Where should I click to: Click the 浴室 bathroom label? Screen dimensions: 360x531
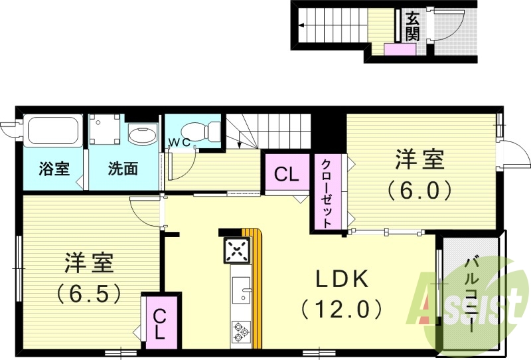54,169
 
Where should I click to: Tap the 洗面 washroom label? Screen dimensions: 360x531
123,169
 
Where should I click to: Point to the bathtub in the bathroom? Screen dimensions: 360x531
53,132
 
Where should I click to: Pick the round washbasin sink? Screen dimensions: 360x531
140,137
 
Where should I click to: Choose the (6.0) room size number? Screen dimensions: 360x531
419,191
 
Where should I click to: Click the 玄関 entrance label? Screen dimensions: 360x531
412,27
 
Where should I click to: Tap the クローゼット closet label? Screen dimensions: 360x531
327,193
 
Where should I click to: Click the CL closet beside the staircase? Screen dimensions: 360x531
287,175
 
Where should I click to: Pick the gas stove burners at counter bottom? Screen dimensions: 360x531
241,330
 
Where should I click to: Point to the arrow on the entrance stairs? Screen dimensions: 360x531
303,27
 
